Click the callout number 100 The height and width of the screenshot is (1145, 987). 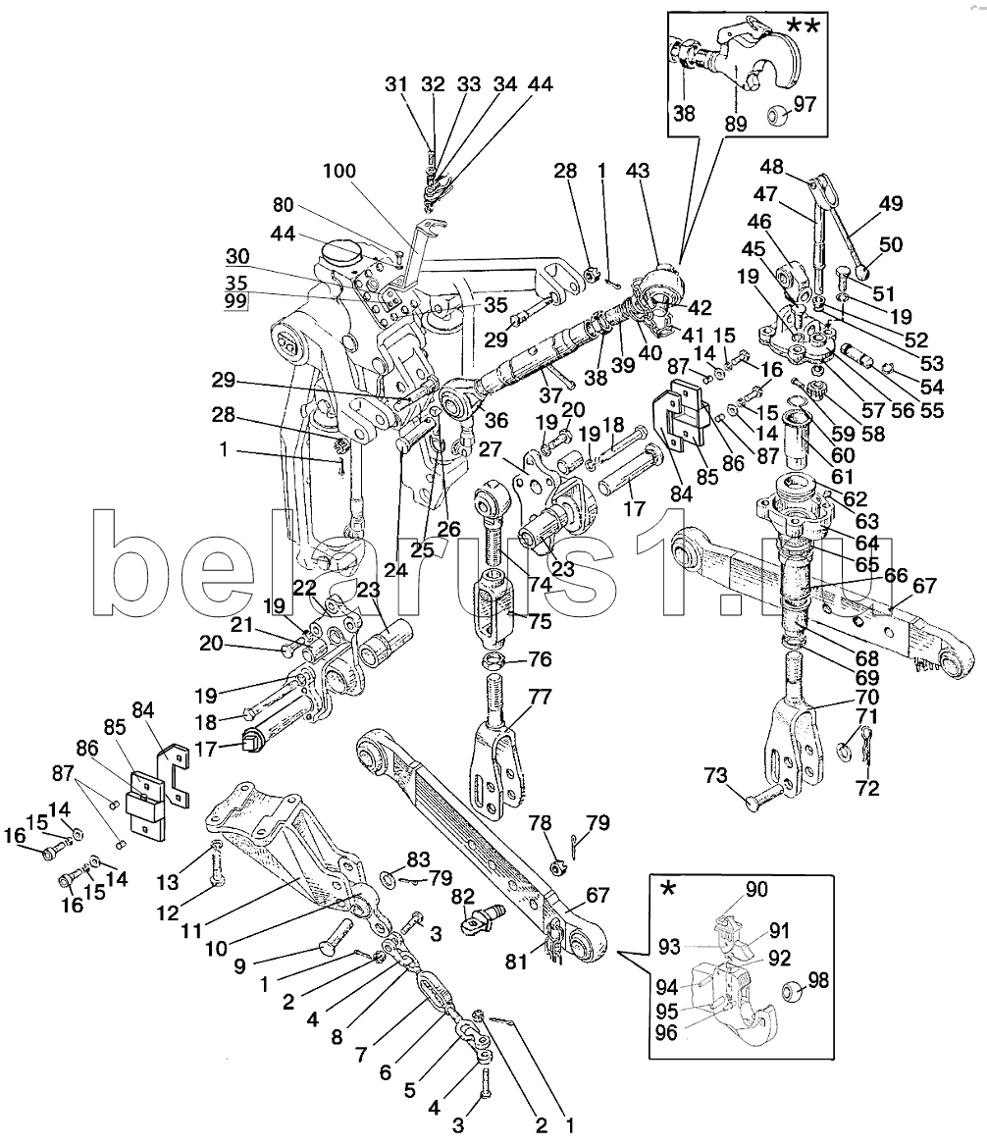[339, 171]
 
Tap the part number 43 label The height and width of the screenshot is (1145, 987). [638, 171]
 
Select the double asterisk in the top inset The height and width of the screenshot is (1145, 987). [803, 27]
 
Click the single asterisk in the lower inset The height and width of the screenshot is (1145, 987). [667, 889]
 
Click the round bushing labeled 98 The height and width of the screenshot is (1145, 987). [792, 992]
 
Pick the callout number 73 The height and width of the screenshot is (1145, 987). [716, 775]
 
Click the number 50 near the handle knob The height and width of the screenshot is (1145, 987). [891, 244]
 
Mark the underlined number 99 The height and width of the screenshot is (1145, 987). [235, 300]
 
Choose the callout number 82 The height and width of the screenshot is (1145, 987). [463, 897]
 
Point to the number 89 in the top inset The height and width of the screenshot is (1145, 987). [736, 124]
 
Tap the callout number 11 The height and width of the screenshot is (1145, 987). [191, 930]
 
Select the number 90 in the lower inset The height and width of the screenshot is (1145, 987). [756, 889]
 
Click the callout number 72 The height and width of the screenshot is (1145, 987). [867, 788]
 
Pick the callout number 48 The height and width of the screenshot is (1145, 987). [771, 167]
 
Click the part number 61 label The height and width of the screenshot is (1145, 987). [842, 476]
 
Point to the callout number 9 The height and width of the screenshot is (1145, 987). [239, 966]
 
